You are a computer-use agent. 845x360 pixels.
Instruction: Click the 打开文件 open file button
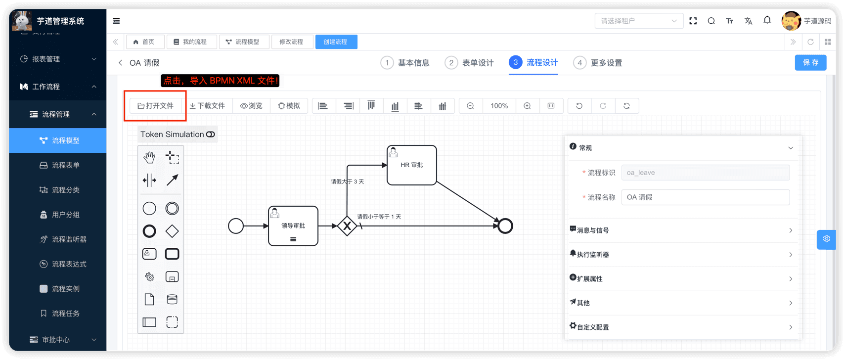tap(155, 106)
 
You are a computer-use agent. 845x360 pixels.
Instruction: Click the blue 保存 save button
tap(810, 63)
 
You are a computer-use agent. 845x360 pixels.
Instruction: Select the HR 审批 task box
tap(411, 165)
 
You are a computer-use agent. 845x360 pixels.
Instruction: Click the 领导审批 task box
tap(293, 225)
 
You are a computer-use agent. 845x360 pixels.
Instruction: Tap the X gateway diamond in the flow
tap(347, 226)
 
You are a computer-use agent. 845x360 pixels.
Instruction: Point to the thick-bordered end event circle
tap(505, 226)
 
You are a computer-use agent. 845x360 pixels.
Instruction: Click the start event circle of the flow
tap(236, 226)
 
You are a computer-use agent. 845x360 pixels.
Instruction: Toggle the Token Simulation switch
tap(211, 135)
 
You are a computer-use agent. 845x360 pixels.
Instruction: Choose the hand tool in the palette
tap(149, 157)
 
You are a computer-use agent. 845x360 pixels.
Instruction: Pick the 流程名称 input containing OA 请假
tap(706, 197)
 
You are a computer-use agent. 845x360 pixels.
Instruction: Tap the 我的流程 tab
tap(191, 42)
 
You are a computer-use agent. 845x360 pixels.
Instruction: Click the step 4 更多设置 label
tap(606, 63)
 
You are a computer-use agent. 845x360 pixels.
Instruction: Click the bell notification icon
tap(767, 20)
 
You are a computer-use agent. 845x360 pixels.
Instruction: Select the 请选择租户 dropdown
tap(639, 21)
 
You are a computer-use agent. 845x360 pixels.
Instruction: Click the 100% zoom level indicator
tap(499, 106)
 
